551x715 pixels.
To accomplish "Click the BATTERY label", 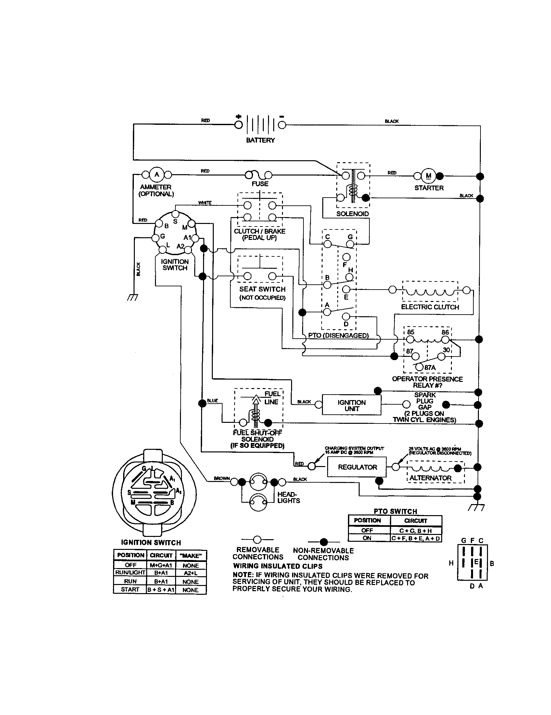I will click(261, 140).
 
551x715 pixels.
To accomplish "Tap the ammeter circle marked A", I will click(157, 175).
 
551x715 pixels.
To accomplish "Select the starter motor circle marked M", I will click(428, 176).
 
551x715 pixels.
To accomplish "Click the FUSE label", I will click(260, 184).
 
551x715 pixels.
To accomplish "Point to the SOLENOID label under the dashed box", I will click(352, 214).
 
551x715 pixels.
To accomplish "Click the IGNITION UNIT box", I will click(352, 405).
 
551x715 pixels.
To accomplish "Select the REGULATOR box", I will click(357, 467).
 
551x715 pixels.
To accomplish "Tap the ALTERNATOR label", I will click(430, 478).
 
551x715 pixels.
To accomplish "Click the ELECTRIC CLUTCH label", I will click(430, 307).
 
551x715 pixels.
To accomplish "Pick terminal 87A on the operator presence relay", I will click(419, 367).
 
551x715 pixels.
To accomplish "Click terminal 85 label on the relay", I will click(411, 332).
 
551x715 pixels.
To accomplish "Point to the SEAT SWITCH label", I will click(262, 289).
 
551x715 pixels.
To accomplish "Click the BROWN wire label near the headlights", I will click(222, 478).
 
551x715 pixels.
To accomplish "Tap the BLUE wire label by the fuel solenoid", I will click(212, 401).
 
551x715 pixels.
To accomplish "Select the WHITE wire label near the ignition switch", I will click(205, 203).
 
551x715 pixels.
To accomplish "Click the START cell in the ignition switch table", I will click(130, 590).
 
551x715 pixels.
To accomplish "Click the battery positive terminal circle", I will click(238, 125).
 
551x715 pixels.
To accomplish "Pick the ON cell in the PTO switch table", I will click(367, 538).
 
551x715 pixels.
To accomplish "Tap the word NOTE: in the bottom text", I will click(243, 575).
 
